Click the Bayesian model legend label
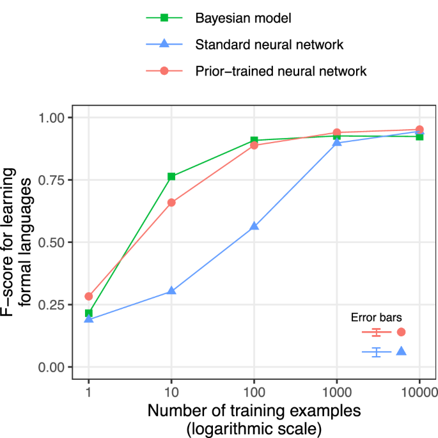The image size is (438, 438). [x=243, y=18]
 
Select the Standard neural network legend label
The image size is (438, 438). [x=269, y=45]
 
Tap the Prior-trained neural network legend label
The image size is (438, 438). [x=281, y=71]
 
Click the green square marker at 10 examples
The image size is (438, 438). [x=171, y=176]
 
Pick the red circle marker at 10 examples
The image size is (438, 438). [x=171, y=203]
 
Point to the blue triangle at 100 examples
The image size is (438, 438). [x=254, y=226]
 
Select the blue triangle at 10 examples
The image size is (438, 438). [x=171, y=291]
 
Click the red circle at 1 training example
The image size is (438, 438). [x=89, y=296]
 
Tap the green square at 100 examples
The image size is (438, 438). [x=254, y=140]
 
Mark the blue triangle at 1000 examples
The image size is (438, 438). [x=337, y=142]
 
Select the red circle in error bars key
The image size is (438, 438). [x=401, y=332]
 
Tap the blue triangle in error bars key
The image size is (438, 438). [x=401, y=351]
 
